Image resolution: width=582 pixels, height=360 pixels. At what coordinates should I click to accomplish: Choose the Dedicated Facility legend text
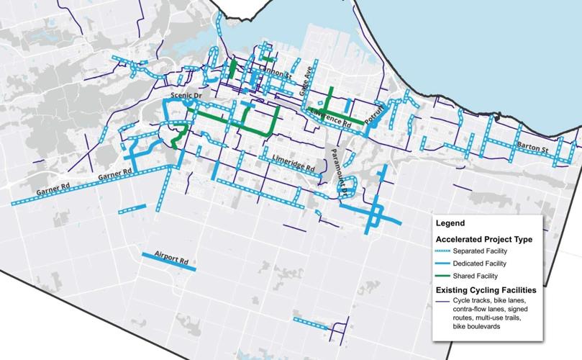481,263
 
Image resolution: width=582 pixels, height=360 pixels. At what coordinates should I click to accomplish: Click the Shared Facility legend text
477,276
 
